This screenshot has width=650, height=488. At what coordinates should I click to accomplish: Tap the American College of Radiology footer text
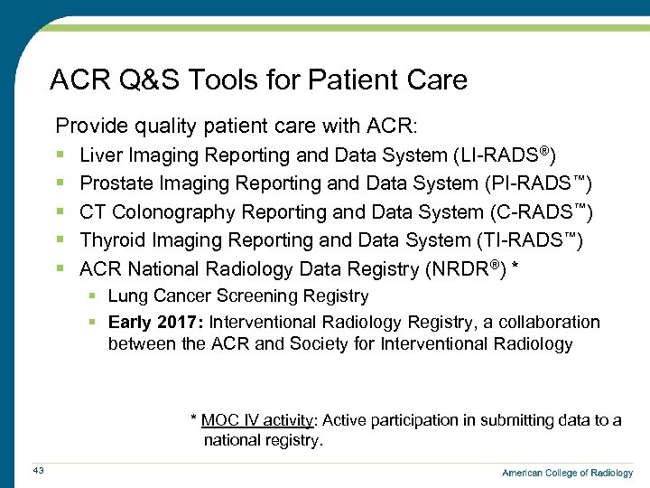click(x=567, y=473)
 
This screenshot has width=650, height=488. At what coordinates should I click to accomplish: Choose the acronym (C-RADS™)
click(x=542, y=212)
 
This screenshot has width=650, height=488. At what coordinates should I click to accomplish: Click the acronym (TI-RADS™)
click(x=529, y=240)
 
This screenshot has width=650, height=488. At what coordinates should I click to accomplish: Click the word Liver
click(x=102, y=155)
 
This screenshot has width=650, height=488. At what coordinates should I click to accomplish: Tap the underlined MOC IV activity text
click(x=257, y=420)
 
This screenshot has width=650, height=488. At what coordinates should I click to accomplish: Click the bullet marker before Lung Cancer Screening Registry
click(x=93, y=296)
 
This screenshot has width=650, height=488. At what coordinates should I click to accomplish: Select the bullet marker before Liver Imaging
click(x=59, y=156)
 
